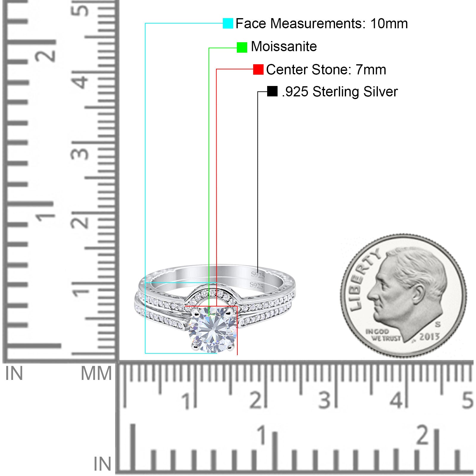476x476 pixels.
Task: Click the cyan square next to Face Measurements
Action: click(228, 23)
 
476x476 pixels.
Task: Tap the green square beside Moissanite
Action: click(242, 47)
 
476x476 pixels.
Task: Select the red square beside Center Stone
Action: click(258, 70)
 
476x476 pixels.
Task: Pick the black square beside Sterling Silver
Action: click(272, 91)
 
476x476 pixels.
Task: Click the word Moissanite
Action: click(284, 47)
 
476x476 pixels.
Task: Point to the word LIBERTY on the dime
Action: click(364, 279)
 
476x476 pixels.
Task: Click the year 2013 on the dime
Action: click(429, 337)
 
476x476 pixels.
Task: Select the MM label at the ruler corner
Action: click(96, 373)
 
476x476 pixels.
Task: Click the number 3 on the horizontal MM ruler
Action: click(324, 400)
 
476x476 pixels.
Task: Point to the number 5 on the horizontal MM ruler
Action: click(467, 400)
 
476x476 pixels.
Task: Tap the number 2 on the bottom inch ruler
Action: click(423, 435)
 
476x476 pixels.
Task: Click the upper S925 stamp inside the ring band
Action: click(258, 275)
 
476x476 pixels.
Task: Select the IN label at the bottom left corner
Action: click(102, 464)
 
